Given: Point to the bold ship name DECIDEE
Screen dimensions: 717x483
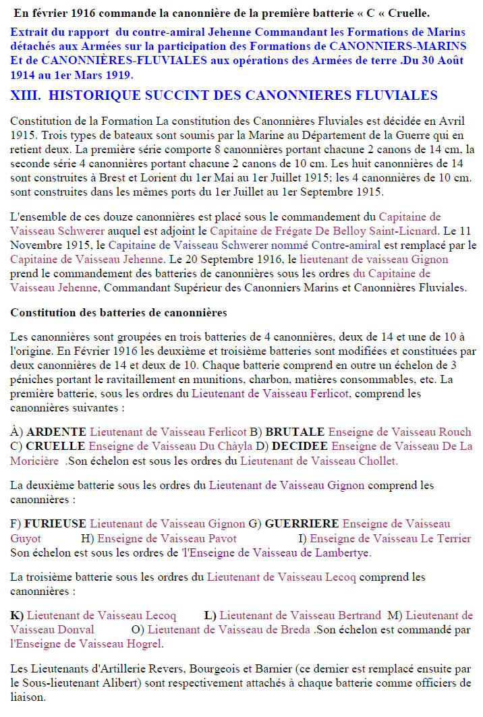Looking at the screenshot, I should coord(301,447).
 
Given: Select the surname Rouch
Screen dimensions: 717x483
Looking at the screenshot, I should coord(455,432).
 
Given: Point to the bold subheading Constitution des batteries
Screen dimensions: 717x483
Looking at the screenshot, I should coord(118,313).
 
